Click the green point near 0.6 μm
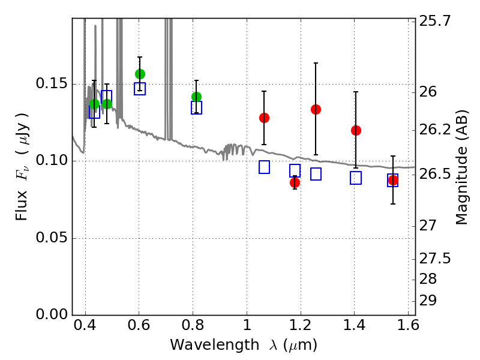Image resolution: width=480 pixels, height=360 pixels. (x=140, y=74)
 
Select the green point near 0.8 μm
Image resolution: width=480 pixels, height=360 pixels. (x=196, y=97)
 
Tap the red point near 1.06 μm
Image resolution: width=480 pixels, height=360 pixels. (x=264, y=118)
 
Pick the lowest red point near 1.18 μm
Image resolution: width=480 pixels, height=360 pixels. (x=295, y=182)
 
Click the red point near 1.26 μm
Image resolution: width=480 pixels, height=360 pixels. (x=316, y=109)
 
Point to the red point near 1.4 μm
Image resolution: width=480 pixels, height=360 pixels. (x=356, y=130)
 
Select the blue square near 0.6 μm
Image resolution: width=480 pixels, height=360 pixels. (x=140, y=89)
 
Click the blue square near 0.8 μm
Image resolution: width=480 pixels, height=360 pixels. (x=196, y=108)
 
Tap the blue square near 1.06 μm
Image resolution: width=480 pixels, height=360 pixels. (x=264, y=167)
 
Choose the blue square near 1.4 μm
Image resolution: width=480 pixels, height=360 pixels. (x=356, y=178)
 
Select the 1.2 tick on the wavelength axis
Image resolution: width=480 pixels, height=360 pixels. (x=300, y=328)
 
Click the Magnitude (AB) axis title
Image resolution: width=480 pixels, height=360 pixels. (x=461, y=167)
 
